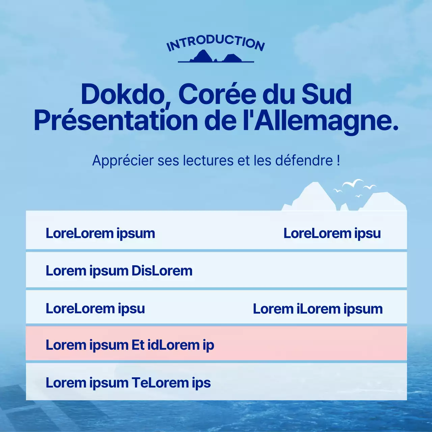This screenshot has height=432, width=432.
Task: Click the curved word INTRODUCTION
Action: click(216, 42)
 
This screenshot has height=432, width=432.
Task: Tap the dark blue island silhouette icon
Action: click(216, 57)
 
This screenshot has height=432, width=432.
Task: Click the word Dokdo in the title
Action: click(122, 94)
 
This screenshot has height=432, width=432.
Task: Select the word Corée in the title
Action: click(217, 94)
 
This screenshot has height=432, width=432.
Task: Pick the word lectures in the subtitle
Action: click(209, 161)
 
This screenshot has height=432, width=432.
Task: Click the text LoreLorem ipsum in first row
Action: click(100, 233)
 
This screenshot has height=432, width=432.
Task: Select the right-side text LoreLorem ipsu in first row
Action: click(332, 233)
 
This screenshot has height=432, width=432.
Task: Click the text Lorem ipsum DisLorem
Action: click(119, 271)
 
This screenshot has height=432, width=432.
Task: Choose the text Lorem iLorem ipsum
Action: click(318, 309)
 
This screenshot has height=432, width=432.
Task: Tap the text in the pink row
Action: click(130, 345)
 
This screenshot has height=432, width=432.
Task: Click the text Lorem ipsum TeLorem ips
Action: click(128, 383)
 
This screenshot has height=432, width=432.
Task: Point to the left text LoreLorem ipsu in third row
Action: click(95, 308)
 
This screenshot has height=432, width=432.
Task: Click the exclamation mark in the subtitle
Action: click(338, 161)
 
